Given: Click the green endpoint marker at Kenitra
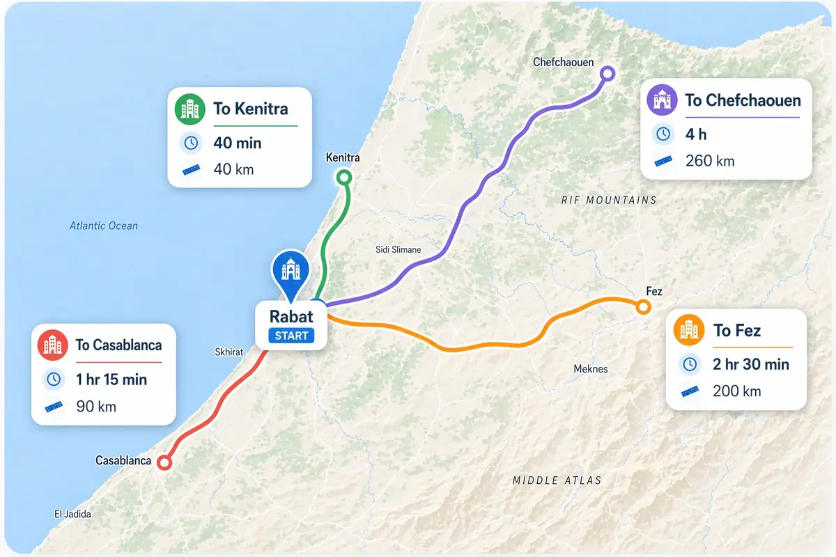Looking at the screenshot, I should pos(343,177).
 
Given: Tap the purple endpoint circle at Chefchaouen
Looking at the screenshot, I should pos(607,73).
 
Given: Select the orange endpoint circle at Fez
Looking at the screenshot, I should pos(643,306).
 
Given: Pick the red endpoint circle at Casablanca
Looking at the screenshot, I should pos(164,462).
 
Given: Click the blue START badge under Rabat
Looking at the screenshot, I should pos(291,336).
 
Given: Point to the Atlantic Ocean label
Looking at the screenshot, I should pos(104,226).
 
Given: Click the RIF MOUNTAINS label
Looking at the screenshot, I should pos(609,201).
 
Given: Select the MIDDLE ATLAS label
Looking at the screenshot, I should pos(557,480).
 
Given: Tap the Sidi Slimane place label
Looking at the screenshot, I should pos(398,249).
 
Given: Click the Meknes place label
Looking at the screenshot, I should pos(590,369).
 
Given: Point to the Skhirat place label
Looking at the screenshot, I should pos(229,352).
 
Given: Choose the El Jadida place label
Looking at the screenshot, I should pos(72,514).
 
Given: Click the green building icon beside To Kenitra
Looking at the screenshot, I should pos(190,109).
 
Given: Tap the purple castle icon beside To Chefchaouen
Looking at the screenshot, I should pos(662,100).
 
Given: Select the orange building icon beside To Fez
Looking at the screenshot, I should pos(689,329).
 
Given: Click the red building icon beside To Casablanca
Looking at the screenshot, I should pos(54,345).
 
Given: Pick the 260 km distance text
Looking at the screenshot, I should pos(709,161).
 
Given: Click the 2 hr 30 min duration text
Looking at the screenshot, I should pos(751,364).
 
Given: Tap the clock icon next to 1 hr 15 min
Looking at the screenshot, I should pos(54,379).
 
